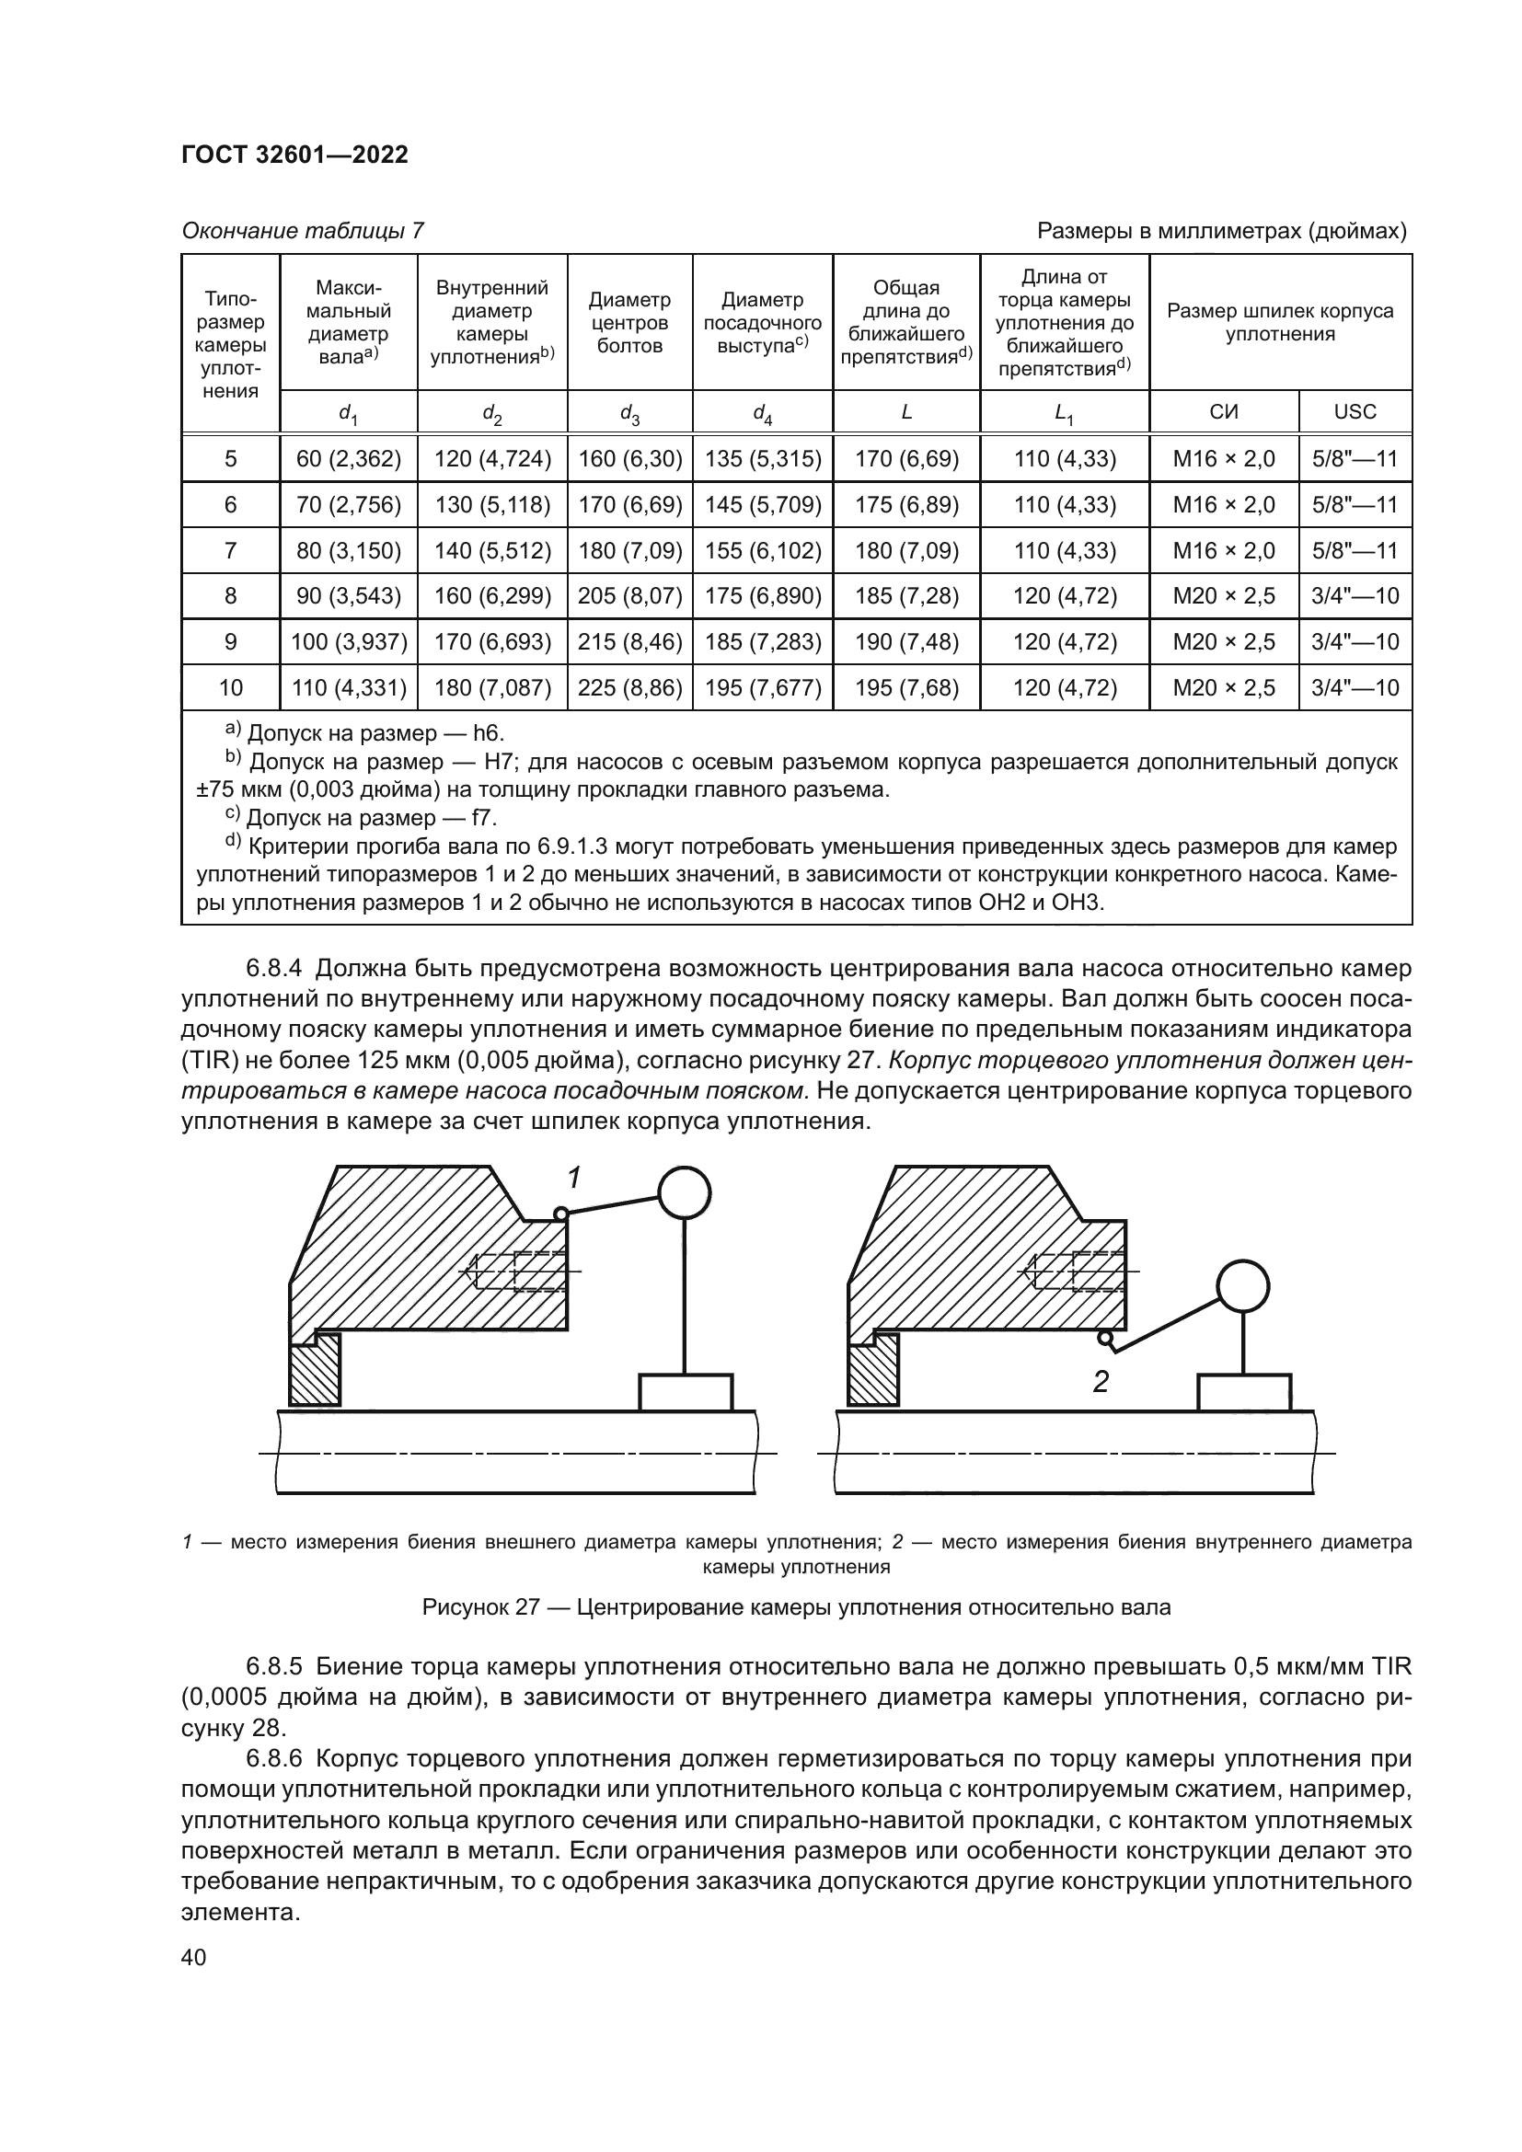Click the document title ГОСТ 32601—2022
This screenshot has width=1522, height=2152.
294,155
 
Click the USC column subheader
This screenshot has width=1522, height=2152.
1355,411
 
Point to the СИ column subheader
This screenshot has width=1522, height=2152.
1223,411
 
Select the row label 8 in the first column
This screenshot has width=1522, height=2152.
231,596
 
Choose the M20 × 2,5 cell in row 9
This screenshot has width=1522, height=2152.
1223,642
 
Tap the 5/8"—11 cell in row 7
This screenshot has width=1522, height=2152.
1355,550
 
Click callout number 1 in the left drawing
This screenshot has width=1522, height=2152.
574,1178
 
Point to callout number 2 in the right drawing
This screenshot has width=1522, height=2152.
1101,1381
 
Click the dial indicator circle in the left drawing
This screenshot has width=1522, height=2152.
684,1192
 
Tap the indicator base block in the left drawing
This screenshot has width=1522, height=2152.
686,1392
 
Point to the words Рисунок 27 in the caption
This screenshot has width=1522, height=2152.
480,1607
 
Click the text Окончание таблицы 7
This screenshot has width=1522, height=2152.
302,231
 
